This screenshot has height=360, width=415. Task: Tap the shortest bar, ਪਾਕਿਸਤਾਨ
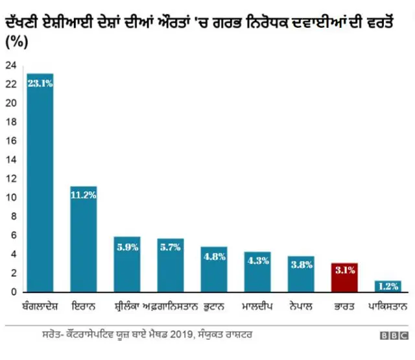point(388,287)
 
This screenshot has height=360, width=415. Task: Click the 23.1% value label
point(40,83)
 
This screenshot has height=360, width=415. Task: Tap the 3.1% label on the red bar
point(344,270)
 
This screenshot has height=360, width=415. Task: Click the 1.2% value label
point(388,286)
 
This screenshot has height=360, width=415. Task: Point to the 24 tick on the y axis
point(10,66)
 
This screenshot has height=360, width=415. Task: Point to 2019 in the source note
point(186,335)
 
